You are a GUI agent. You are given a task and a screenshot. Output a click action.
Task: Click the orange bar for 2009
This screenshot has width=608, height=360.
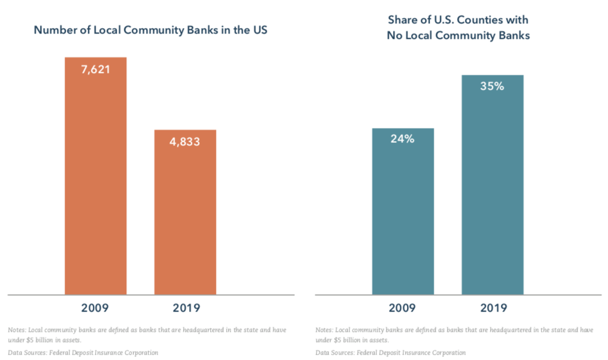(96, 179)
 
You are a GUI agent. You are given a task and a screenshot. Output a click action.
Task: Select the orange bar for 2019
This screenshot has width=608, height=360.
(185, 215)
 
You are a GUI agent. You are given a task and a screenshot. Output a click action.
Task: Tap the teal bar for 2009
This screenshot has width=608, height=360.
(403, 215)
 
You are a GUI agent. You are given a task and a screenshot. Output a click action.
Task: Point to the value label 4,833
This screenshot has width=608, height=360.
(185, 142)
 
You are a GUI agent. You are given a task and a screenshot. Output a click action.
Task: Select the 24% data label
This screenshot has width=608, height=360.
(403, 139)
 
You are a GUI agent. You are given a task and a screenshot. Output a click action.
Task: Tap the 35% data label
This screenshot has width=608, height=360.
(493, 86)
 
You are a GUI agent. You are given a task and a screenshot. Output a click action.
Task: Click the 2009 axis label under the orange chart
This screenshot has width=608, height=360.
(96, 309)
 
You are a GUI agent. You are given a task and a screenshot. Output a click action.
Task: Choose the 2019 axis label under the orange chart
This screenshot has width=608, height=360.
(185, 309)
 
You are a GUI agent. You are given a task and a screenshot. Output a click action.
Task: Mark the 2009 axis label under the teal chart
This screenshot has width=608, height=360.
(403, 309)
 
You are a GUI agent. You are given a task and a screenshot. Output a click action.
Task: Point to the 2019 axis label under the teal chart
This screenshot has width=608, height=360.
(493, 309)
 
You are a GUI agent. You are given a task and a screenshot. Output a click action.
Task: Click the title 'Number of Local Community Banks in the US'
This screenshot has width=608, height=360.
(150, 30)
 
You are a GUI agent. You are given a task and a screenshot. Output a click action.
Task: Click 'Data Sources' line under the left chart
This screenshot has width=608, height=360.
(83, 353)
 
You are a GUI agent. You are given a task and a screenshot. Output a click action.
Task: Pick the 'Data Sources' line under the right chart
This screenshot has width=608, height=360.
(390, 353)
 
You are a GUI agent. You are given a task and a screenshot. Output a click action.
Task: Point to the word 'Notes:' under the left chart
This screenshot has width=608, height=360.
(17, 330)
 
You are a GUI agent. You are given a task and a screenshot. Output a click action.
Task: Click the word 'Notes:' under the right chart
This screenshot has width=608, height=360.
(324, 330)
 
